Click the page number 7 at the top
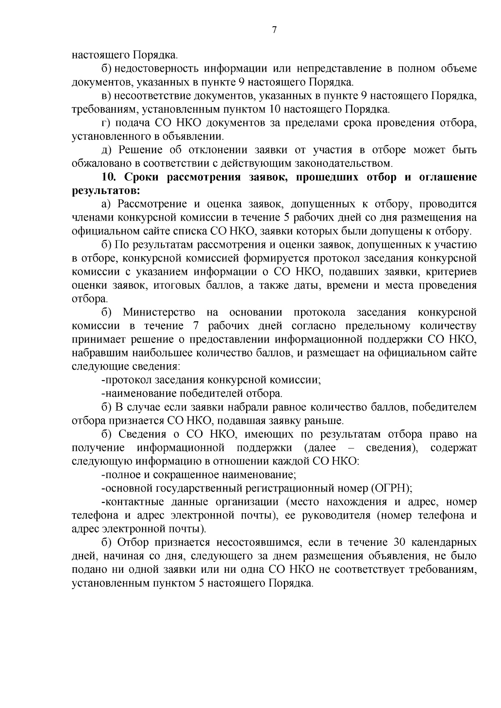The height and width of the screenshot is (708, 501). (x=274, y=30)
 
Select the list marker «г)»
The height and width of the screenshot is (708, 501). (x=106, y=123)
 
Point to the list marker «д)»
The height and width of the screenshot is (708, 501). (x=106, y=150)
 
